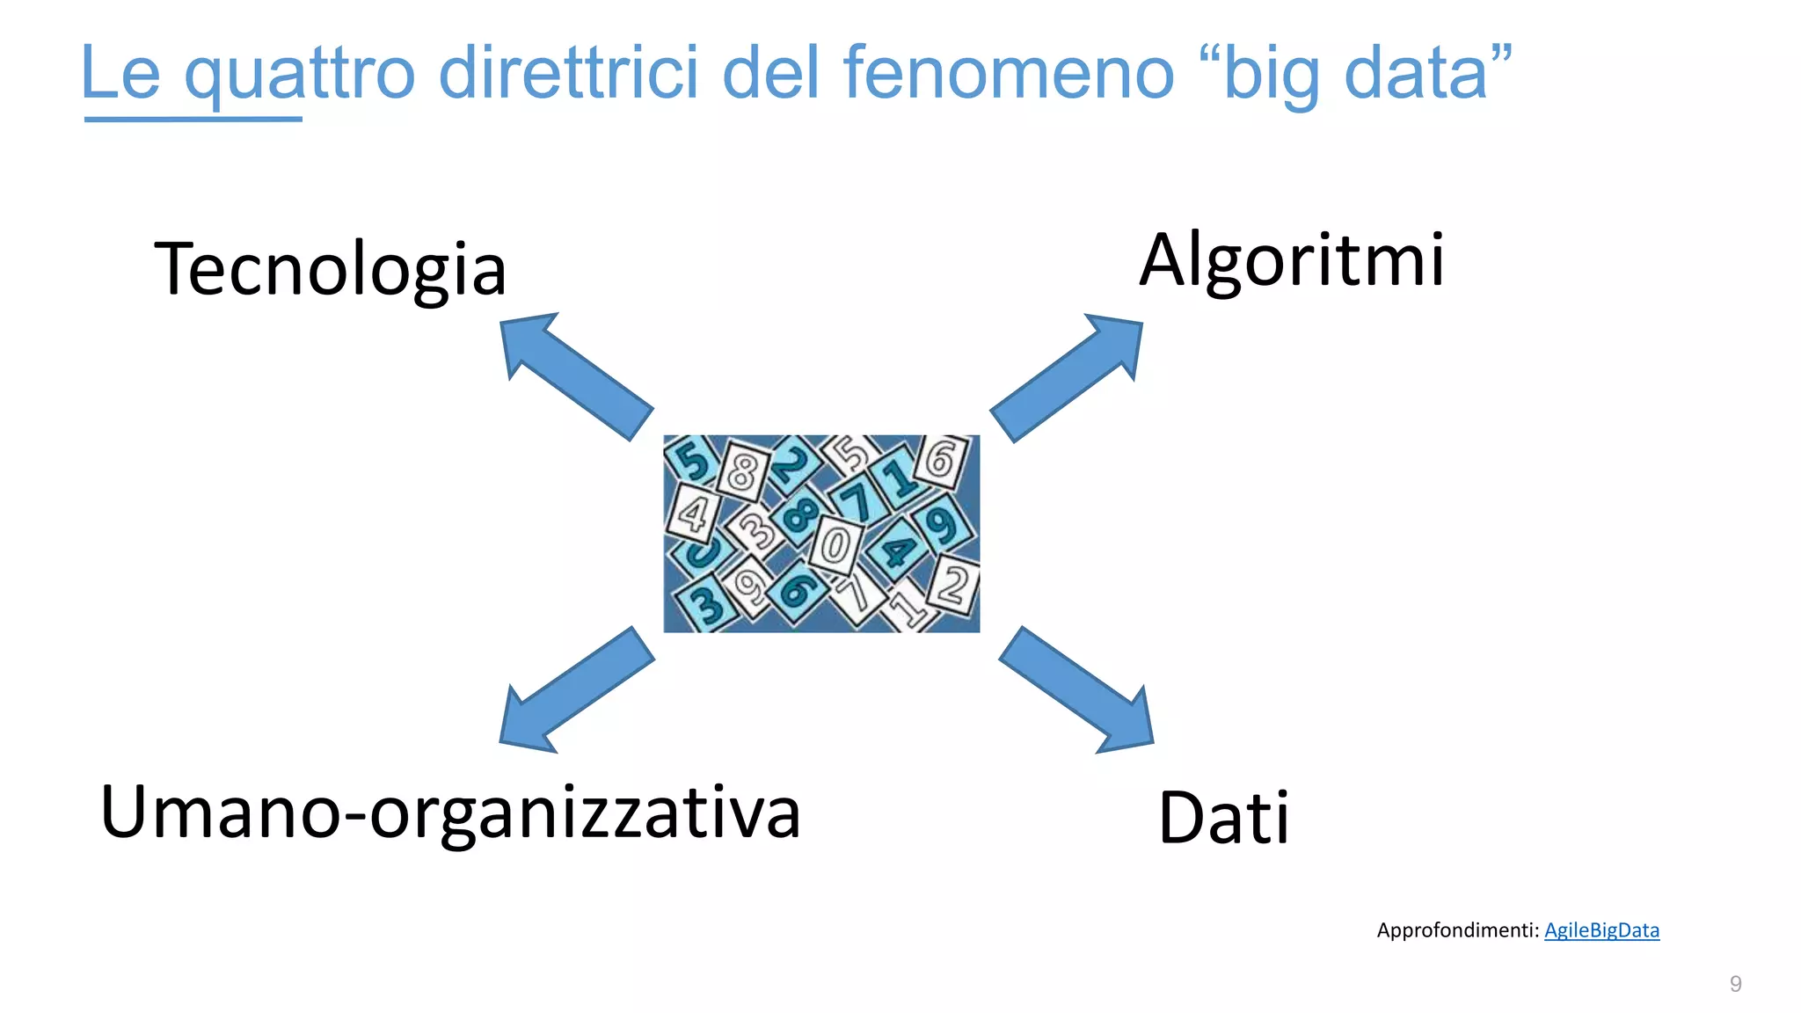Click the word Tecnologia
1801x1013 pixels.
point(330,269)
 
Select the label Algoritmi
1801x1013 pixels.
point(1291,260)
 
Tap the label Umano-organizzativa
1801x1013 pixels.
point(450,813)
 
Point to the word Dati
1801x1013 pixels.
point(1223,818)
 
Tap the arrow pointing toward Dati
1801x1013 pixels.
point(1078,691)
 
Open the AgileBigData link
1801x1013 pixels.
point(1601,930)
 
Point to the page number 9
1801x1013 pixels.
point(1735,984)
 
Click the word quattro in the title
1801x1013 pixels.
point(299,74)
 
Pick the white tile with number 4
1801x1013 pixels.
point(693,513)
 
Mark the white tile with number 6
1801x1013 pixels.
point(941,460)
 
